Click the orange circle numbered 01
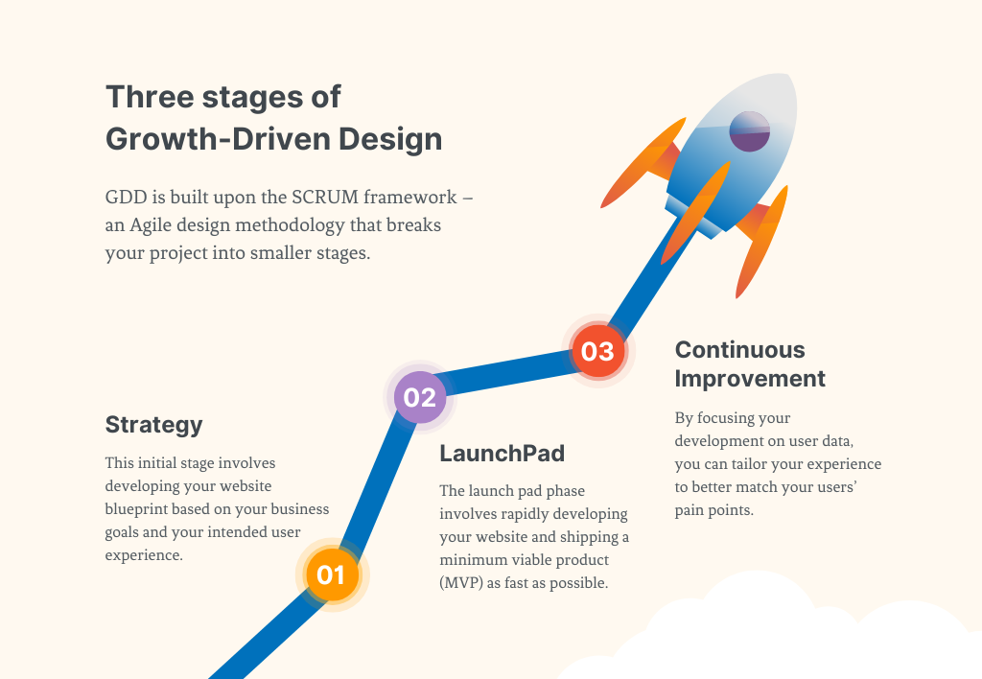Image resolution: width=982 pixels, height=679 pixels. point(332,574)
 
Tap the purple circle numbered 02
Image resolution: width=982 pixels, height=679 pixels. point(420,397)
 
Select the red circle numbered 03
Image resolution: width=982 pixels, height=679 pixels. point(598,351)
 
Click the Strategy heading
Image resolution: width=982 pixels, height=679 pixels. point(154,425)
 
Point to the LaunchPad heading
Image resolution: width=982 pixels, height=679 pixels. point(503,453)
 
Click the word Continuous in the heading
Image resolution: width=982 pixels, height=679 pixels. point(739,349)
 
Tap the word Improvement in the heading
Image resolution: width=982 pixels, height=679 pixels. point(750,379)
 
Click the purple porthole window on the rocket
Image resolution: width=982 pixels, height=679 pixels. point(750,131)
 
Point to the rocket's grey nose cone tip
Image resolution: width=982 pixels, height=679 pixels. point(790,76)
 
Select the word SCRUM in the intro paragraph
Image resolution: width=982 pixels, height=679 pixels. point(325,197)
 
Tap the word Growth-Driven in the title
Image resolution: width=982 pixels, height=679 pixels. point(219,139)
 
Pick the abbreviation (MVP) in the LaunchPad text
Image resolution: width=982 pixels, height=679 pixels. point(461,583)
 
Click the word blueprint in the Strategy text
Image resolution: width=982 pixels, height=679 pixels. point(136,509)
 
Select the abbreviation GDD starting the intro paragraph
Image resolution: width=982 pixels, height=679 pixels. point(126,197)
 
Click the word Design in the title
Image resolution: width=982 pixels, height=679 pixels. point(391,139)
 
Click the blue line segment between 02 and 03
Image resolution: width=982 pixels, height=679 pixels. point(508,374)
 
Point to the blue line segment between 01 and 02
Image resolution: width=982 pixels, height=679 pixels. point(377,484)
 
